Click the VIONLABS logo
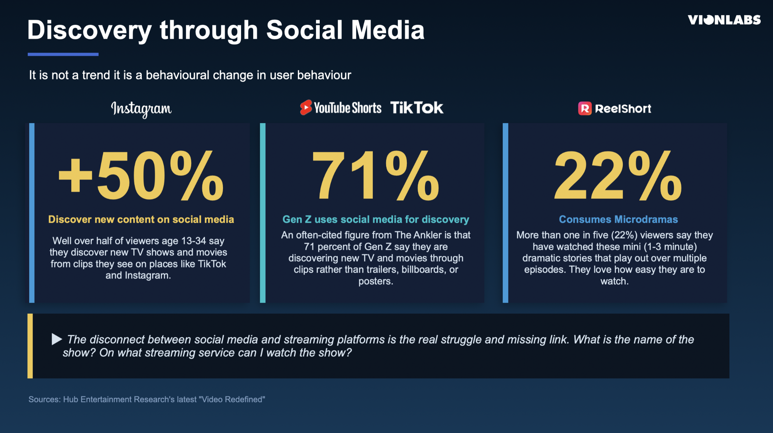pos(724,20)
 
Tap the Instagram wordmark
pos(141,109)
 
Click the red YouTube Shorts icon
pos(306,108)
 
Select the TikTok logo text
pos(417,108)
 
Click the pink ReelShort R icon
pos(585,109)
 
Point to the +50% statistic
pos(141,175)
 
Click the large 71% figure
pos(375,175)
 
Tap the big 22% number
pos(618,175)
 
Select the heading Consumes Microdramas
pos(618,219)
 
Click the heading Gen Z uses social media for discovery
pos(376,219)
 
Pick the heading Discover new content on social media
pos(141,219)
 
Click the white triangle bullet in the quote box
pos(56,339)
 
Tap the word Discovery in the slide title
pos(89,30)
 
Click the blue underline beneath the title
pos(63,54)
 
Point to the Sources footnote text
pos(147,399)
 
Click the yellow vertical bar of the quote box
pos(30,346)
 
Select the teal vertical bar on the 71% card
pos(263,213)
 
